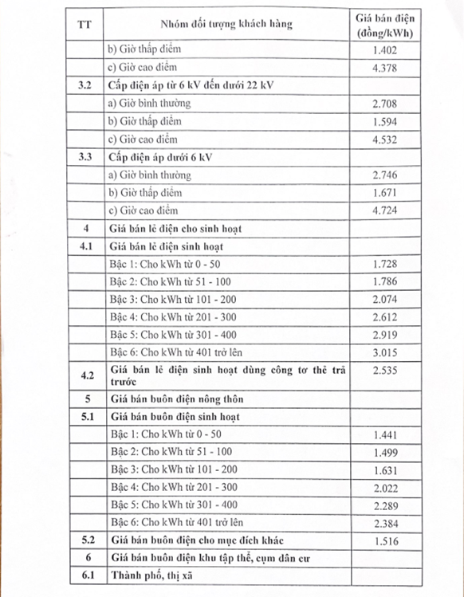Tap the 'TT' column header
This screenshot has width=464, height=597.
point(85,24)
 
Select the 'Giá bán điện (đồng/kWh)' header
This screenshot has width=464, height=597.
point(386,24)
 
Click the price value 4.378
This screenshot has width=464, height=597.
point(385,69)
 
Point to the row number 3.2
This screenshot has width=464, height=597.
point(85,87)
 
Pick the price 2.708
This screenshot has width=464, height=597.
point(385,104)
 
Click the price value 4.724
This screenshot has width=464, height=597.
point(385,210)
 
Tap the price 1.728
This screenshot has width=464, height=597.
point(385,264)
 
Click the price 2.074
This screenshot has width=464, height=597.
point(385,300)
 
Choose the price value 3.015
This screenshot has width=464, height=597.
point(385,352)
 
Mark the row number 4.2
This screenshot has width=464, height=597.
point(85,374)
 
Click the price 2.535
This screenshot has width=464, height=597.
point(385,370)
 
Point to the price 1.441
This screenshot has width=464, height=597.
point(385,434)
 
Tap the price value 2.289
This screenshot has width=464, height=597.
point(385,505)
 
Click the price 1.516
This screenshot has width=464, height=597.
point(385,540)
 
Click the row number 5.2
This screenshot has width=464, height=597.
point(85,540)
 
